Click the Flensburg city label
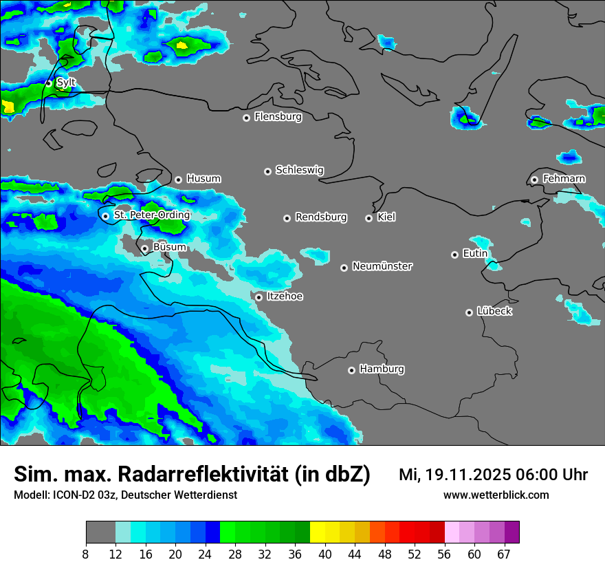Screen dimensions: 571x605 pyautogui.click(x=278, y=117)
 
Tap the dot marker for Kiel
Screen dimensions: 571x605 pyautogui.click(x=368, y=218)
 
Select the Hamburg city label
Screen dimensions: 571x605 pyautogui.click(x=382, y=369)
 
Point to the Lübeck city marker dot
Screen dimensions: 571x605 pyautogui.click(x=469, y=312)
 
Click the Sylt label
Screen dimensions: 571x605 pyautogui.click(x=66, y=83)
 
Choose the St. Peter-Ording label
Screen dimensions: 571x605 pyautogui.click(x=151, y=215)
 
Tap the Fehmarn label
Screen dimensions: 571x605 pyautogui.click(x=564, y=179)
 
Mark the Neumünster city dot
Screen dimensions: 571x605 pyautogui.click(x=344, y=268)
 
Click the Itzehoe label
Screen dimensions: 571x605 pyautogui.click(x=285, y=297)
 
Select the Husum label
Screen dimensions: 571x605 pyautogui.click(x=203, y=179)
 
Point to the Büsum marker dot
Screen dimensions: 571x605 pyautogui.click(x=144, y=249)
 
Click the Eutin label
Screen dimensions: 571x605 pyautogui.click(x=475, y=254)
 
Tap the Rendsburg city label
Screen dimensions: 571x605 pyautogui.click(x=321, y=217)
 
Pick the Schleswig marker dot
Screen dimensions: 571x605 pyautogui.click(x=267, y=171)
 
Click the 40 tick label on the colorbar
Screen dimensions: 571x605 pyautogui.click(x=324, y=554)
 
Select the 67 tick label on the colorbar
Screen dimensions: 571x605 pyautogui.click(x=504, y=554)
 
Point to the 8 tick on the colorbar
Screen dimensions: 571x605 pyautogui.click(x=86, y=554)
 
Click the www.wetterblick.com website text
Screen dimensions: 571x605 pyautogui.click(x=496, y=495)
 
